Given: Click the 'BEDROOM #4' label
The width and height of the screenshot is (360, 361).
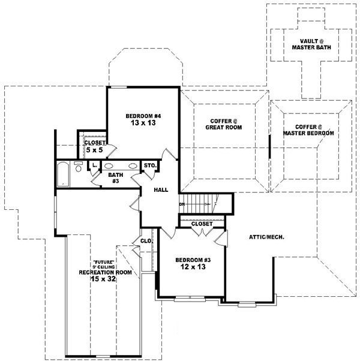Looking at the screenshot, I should pyautogui.click(x=143, y=116).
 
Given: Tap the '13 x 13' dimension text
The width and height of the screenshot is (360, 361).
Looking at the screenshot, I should pyautogui.click(x=143, y=124).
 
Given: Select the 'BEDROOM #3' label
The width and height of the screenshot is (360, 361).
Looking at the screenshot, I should pyautogui.click(x=191, y=260).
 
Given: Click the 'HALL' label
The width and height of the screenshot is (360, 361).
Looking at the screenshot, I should pyautogui.click(x=160, y=189).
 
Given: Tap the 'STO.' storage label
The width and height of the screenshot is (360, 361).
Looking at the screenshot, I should pyautogui.click(x=150, y=166).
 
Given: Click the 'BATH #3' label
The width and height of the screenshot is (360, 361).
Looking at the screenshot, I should pyautogui.click(x=116, y=178).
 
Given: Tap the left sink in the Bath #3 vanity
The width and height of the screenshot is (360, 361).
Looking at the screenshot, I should pyautogui.click(x=108, y=166).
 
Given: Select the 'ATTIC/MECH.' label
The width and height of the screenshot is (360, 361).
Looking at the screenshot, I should pyautogui.click(x=266, y=237).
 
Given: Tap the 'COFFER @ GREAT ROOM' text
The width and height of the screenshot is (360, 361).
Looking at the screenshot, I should pyautogui.click(x=219, y=123).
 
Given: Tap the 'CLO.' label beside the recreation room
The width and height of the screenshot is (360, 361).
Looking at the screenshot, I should pyautogui.click(x=146, y=242).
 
